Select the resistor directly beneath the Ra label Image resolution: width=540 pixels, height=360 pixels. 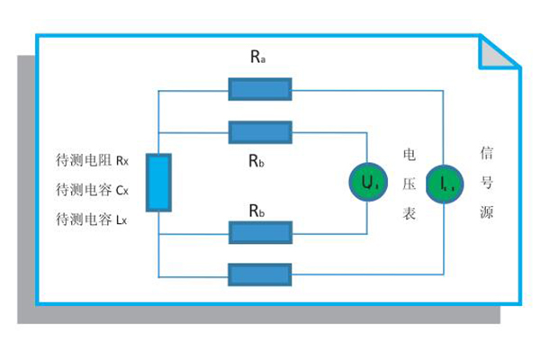coord(260,88)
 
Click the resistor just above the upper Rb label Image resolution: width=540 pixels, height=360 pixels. coord(260,132)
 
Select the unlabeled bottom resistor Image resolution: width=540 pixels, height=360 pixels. coord(260,274)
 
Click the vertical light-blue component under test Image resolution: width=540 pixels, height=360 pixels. coord(157,183)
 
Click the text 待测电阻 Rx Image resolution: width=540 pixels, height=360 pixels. coord(93,162)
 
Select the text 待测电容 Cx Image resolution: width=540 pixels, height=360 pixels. coord(93,190)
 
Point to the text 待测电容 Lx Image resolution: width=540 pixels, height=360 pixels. coord(92,219)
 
